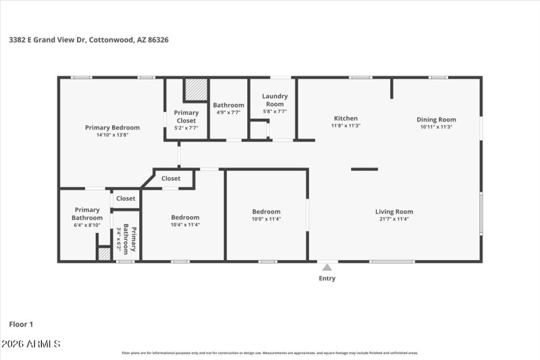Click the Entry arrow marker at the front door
pos(327,267)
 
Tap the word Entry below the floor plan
pos(327,278)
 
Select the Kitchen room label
pos(346,118)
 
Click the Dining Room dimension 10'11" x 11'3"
pos(436,126)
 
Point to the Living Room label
pos(394,211)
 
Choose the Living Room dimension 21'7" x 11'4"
pos(394,219)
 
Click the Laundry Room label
pos(275,100)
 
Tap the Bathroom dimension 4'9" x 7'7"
pos(228,112)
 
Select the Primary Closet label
pos(186,116)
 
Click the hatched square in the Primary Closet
pos(196,90)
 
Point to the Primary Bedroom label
pos(112,127)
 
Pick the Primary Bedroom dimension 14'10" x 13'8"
pos(112,134)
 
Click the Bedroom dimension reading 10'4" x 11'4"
pos(185,224)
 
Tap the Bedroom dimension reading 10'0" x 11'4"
pos(266,219)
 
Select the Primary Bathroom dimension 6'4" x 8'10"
pos(87,226)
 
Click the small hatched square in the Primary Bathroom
pos(104,254)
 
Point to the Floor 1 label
pos(21,324)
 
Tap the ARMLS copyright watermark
pos(31,344)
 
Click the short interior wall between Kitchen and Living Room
pos(364,169)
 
